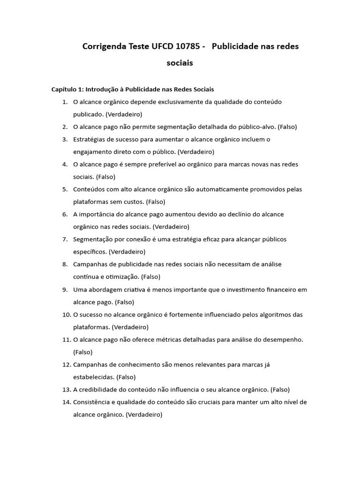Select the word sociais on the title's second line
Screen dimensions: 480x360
click(x=180, y=63)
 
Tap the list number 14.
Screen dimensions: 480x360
click(x=66, y=402)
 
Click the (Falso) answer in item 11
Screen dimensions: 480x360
click(x=83, y=352)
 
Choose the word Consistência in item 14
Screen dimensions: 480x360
click(x=92, y=402)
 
